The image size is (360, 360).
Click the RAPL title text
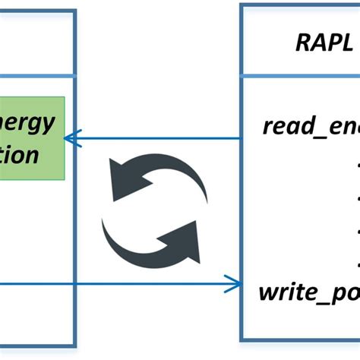click(x=324, y=44)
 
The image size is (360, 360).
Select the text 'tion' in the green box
click(x=20, y=156)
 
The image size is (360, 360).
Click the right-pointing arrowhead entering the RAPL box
click(x=235, y=286)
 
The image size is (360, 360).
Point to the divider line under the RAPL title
click(x=301, y=76)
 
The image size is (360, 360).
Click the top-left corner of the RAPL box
click(x=242, y=5)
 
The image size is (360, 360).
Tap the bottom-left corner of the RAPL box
click(x=242, y=339)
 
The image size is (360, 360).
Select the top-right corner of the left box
click(x=74, y=11)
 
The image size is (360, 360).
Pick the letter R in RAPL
click(x=302, y=44)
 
